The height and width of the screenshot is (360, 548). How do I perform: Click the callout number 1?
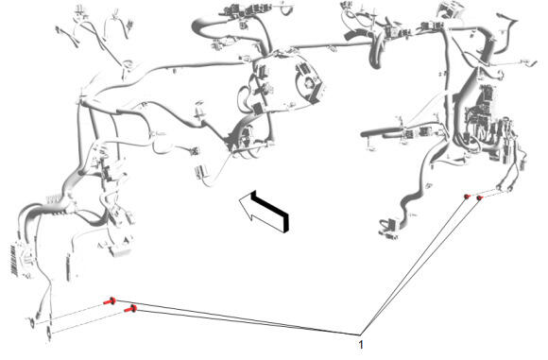click(361, 345)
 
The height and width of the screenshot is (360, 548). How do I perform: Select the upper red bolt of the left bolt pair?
click(111, 300)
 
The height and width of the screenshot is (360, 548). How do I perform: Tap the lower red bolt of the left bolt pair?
click(130, 309)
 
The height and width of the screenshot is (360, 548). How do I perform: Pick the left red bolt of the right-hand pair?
click(467, 197)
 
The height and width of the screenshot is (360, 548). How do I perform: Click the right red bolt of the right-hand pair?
click(480, 197)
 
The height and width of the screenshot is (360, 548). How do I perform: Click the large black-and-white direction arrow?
click(265, 211)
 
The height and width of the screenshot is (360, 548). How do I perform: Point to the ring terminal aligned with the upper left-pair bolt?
click(32, 322)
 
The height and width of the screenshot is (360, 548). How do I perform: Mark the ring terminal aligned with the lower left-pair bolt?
click(48, 334)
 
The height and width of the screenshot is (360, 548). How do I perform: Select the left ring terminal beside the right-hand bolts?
click(500, 187)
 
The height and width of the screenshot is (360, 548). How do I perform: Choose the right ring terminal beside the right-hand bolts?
click(510, 189)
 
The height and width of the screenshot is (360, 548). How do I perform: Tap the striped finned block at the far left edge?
click(14, 261)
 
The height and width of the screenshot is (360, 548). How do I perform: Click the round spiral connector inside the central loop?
click(309, 84)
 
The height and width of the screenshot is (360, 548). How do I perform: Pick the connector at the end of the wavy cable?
click(388, 227)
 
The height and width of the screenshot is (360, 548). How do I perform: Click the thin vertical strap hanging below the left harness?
click(68, 267)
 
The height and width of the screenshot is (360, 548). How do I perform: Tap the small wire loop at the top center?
click(287, 9)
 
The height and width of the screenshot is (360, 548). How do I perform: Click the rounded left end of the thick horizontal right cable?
click(364, 134)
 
